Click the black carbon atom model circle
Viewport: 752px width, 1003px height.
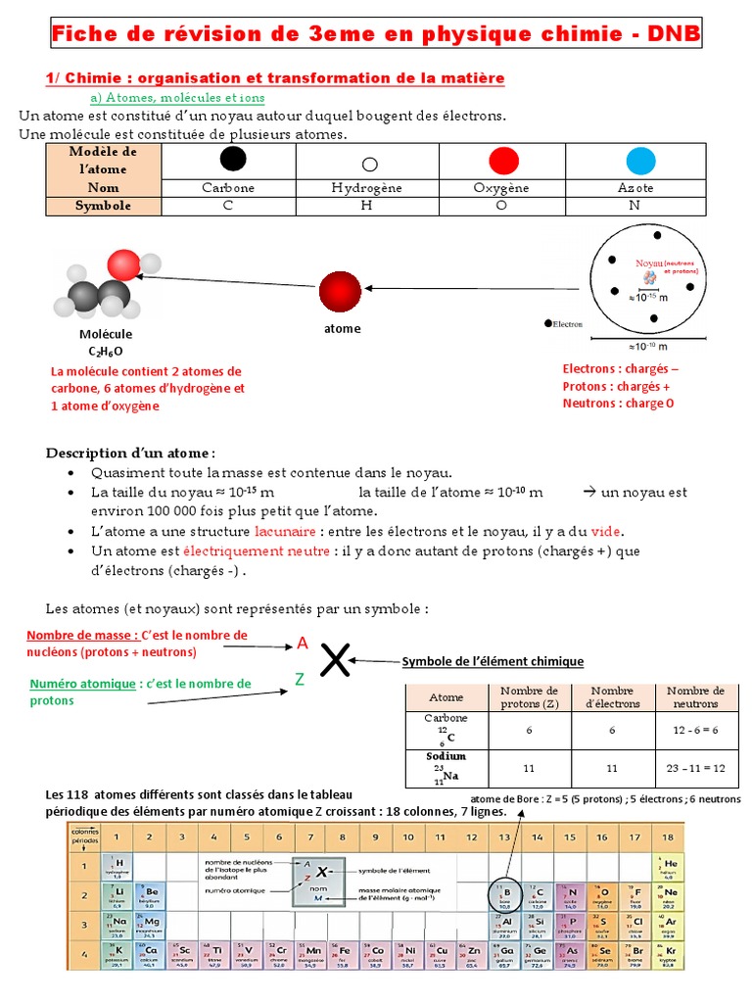pyautogui.click(x=233, y=159)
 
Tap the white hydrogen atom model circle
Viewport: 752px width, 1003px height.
pyautogui.click(x=369, y=165)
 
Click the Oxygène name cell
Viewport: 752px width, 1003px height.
pyautogui.click(x=501, y=188)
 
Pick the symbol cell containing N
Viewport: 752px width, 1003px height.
pyautogui.click(x=634, y=206)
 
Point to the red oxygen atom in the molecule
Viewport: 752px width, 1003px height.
pyautogui.click(x=124, y=264)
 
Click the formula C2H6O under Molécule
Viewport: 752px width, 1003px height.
pyautogui.click(x=106, y=351)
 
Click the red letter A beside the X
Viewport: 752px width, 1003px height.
pyautogui.click(x=303, y=644)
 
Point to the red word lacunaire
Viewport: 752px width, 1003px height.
pyautogui.click(x=285, y=531)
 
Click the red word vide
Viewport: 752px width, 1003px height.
pyautogui.click(x=606, y=531)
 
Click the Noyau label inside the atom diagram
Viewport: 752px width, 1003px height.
pyautogui.click(x=649, y=263)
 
